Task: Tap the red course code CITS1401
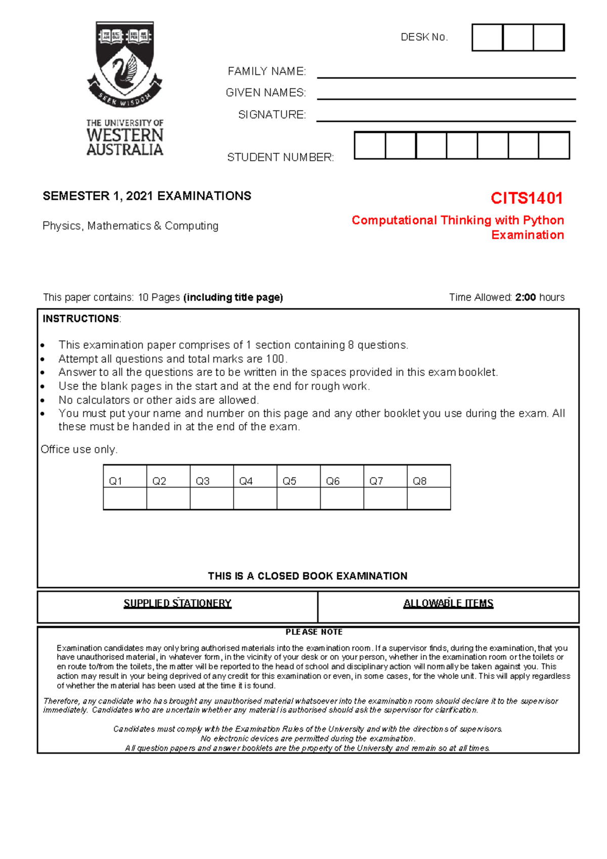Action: pyautogui.click(x=527, y=198)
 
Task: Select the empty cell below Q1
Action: pyautogui.click(x=125, y=499)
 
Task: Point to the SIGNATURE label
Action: pyautogui.click(x=272, y=115)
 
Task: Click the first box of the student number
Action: pyautogui.click(x=370, y=146)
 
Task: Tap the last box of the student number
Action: pyautogui.click(x=554, y=146)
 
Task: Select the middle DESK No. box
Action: pyautogui.click(x=518, y=37)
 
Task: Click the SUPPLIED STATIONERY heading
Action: pyautogui.click(x=178, y=603)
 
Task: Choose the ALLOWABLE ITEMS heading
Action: pyautogui.click(x=448, y=603)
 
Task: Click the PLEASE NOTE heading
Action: pyautogui.click(x=314, y=632)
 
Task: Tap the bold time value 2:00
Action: pyautogui.click(x=526, y=297)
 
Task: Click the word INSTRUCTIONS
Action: pyautogui.click(x=81, y=319)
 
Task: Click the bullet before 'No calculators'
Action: pyautogui.click(x=43, y=400)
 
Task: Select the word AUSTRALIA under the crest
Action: pyautogui.click(x=125, y=150)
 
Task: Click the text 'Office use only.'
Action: pyautogui.click(x=79, y=449)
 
